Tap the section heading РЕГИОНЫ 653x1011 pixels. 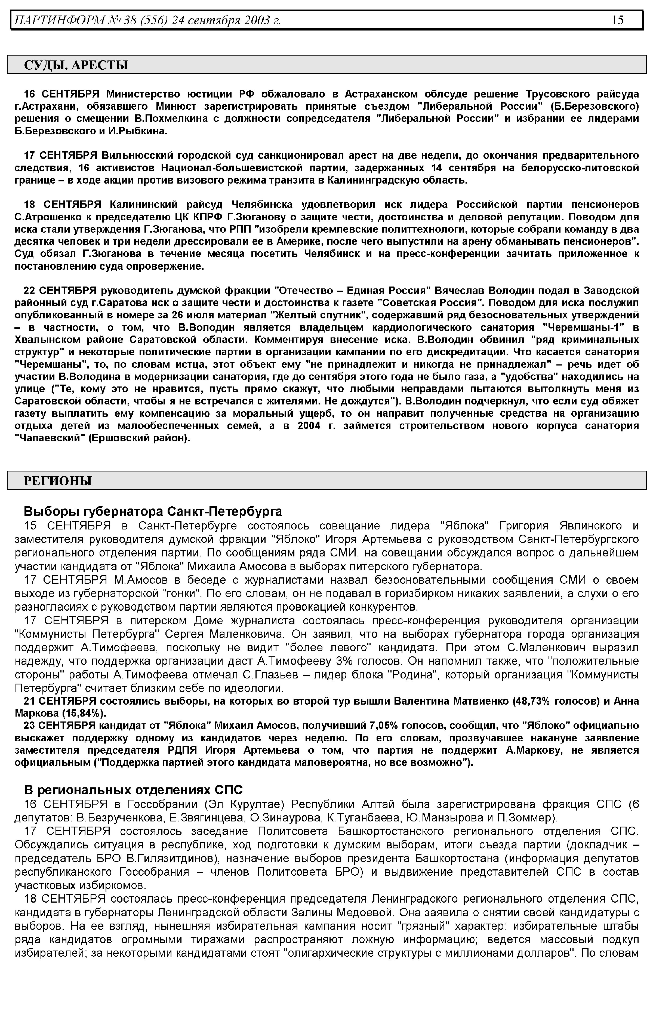pyautogui.click(x=58, y=481)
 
